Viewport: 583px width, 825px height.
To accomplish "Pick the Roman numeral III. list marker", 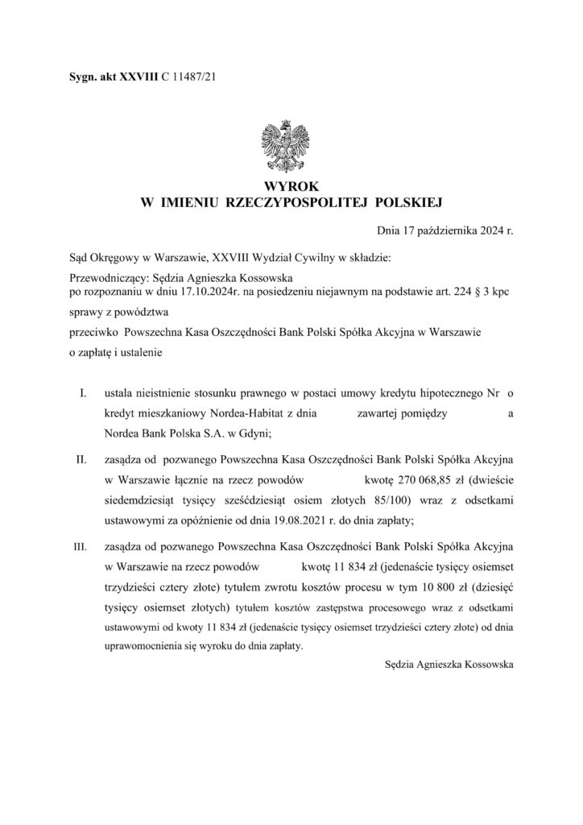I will [x=81, y=545].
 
